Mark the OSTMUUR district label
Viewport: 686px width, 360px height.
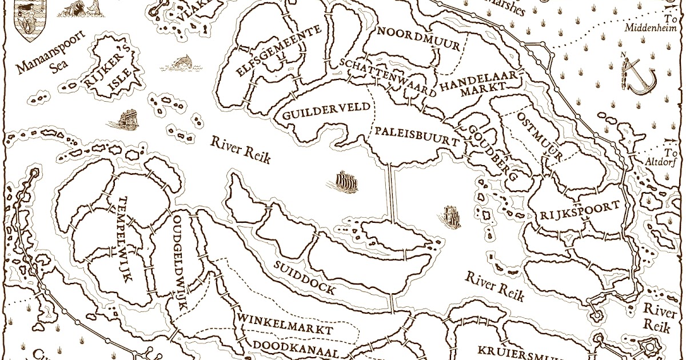(540, 136)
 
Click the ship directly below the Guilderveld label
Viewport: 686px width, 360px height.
(345, 182)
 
